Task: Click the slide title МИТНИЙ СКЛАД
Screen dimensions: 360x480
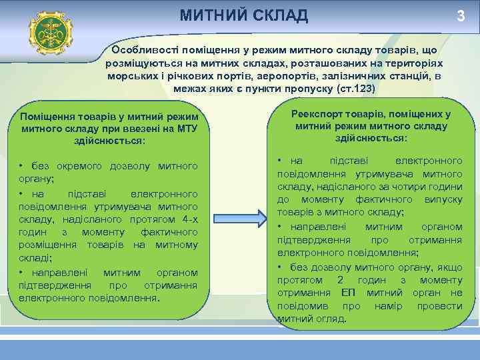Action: pyautogui.click(x=244, y=15)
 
